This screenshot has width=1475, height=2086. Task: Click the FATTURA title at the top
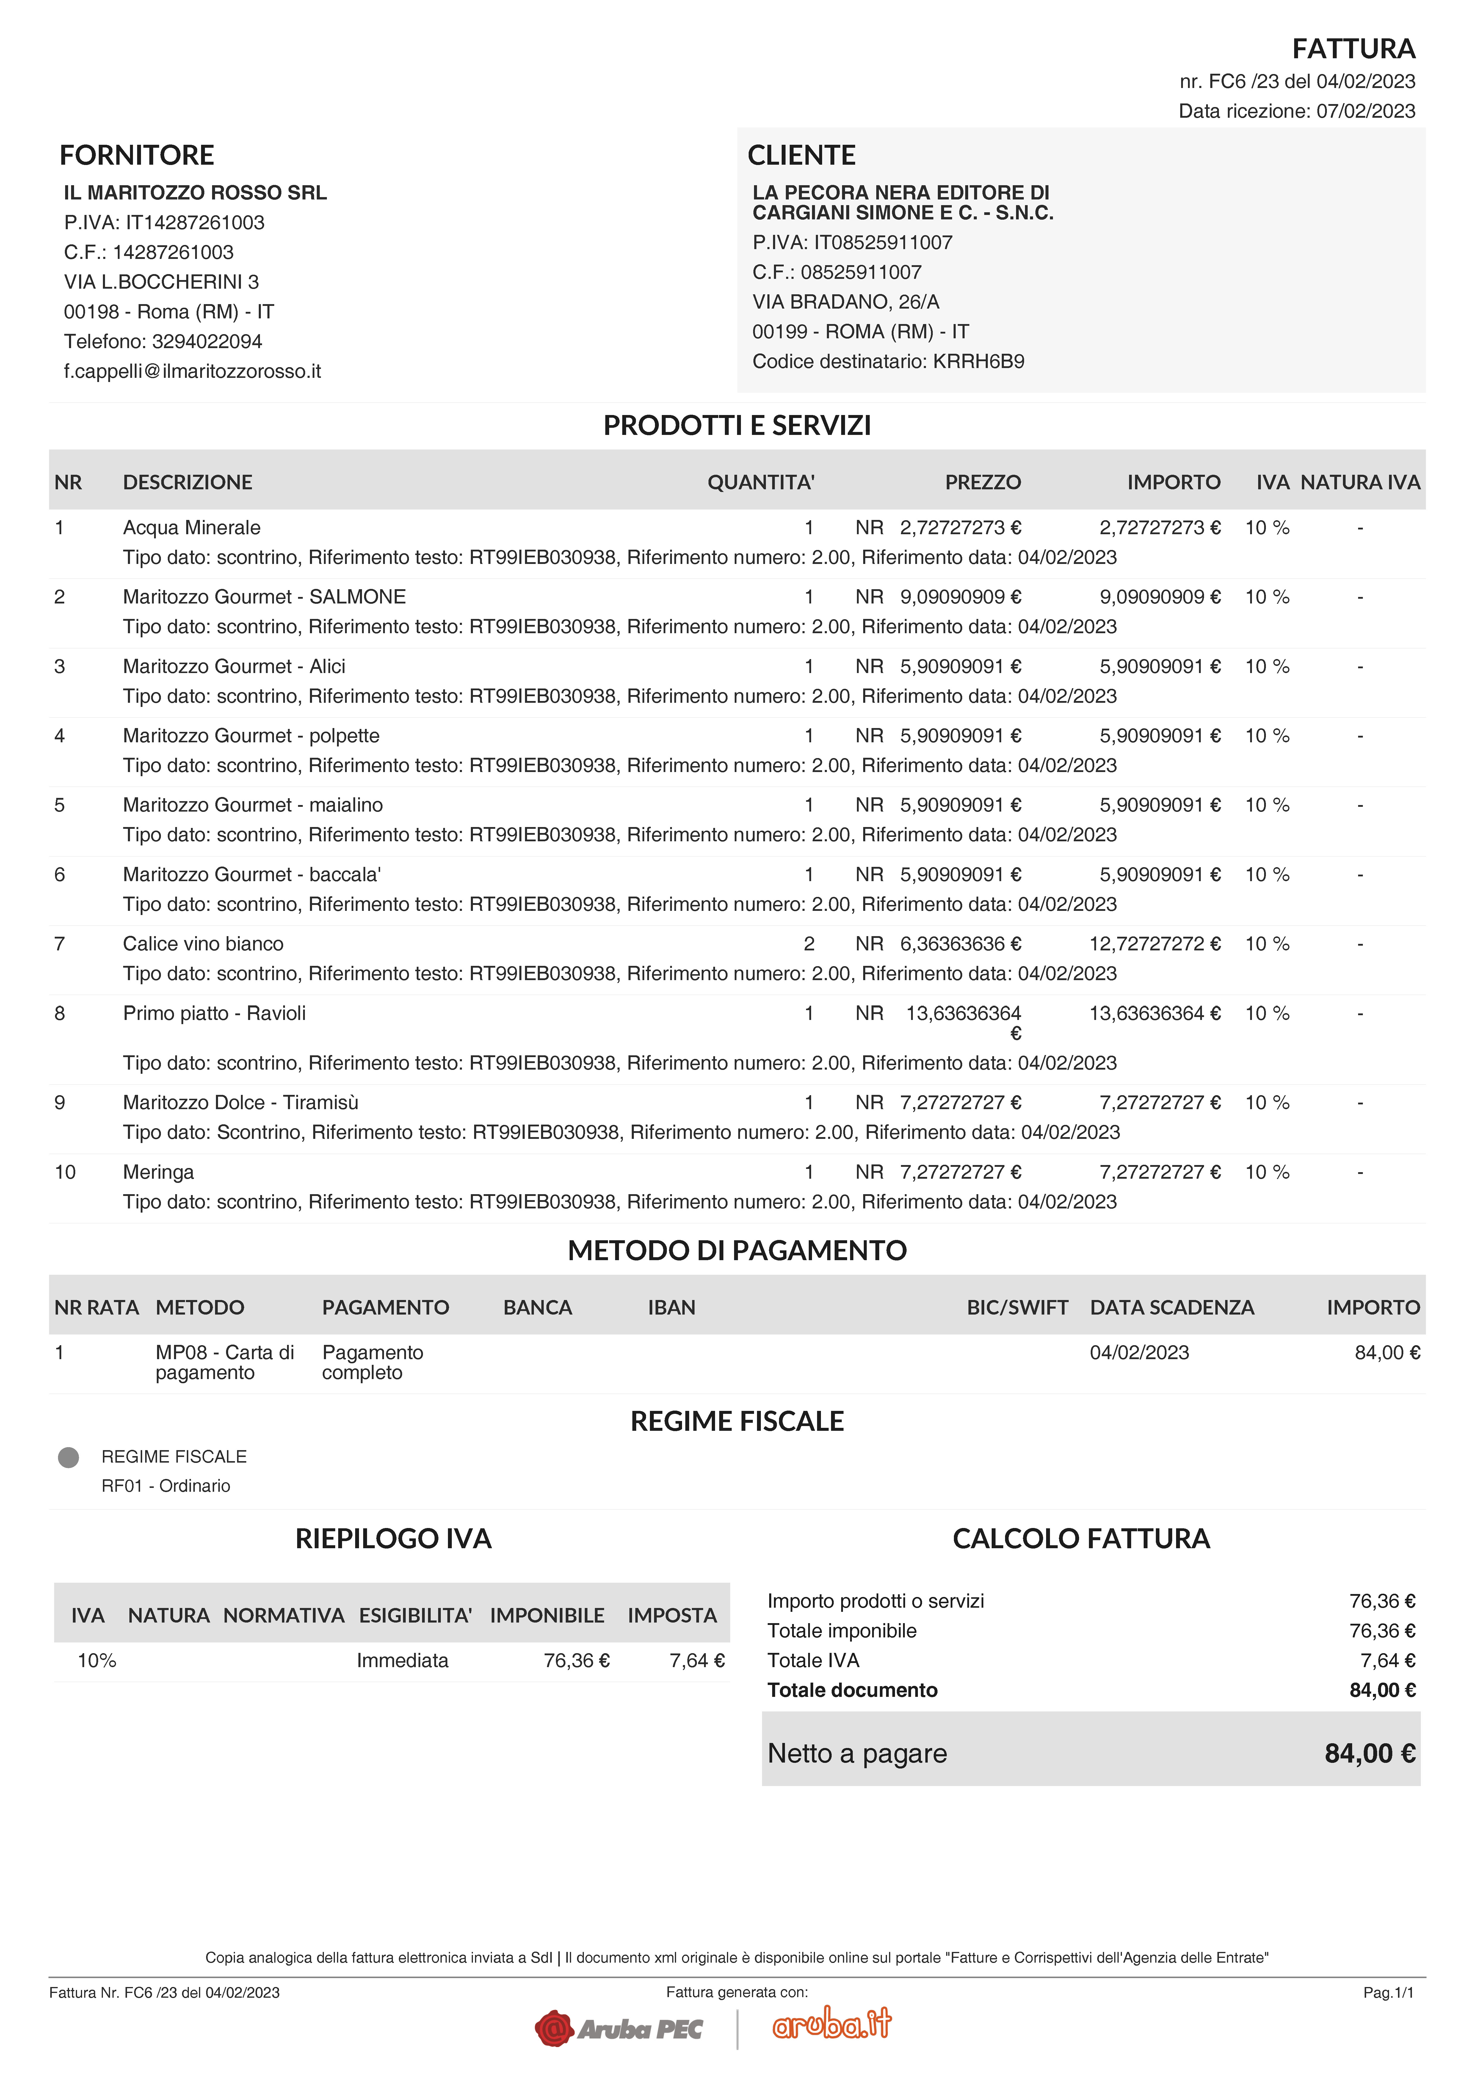pyautogui.click(x=1353, y=48)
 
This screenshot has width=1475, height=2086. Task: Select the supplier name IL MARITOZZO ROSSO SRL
pyautogui.click(x=195, y=193)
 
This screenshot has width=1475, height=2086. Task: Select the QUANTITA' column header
pyautogui.click(x=761, y=482)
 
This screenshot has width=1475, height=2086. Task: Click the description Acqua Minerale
pyautogui.click(x=192, y=528)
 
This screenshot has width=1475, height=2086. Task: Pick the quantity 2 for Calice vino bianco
pyautogui.click(x=809, y=944)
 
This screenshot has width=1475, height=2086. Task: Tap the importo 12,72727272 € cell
pyautogui.click(x=1154, y=944)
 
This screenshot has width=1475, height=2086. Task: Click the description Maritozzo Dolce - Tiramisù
pyautogui.click(x=241, y=1103)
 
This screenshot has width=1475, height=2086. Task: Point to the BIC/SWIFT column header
pyautogui.click(x=1017, y=1307)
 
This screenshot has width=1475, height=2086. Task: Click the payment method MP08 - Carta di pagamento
pyautogui.click(x=225, y=1362)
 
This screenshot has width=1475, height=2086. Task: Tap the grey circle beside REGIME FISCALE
pyautogui.click(x=68, y=1457)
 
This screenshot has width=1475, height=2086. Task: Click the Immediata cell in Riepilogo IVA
pyautogui.click(x=402, y=1661)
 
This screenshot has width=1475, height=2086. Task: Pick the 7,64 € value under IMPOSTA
pyautogui.click(x=696, y=1661)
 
